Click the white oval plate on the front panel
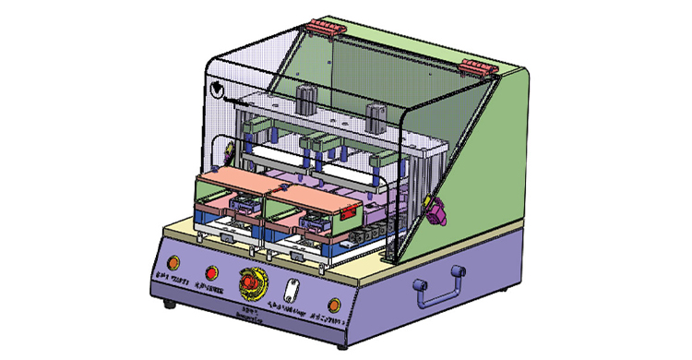tap(290, 290)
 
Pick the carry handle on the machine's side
tap(438, 285)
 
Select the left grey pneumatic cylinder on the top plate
tap(306, 99)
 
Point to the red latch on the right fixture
tap(348, 212)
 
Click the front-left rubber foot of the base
tap(168, 304)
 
